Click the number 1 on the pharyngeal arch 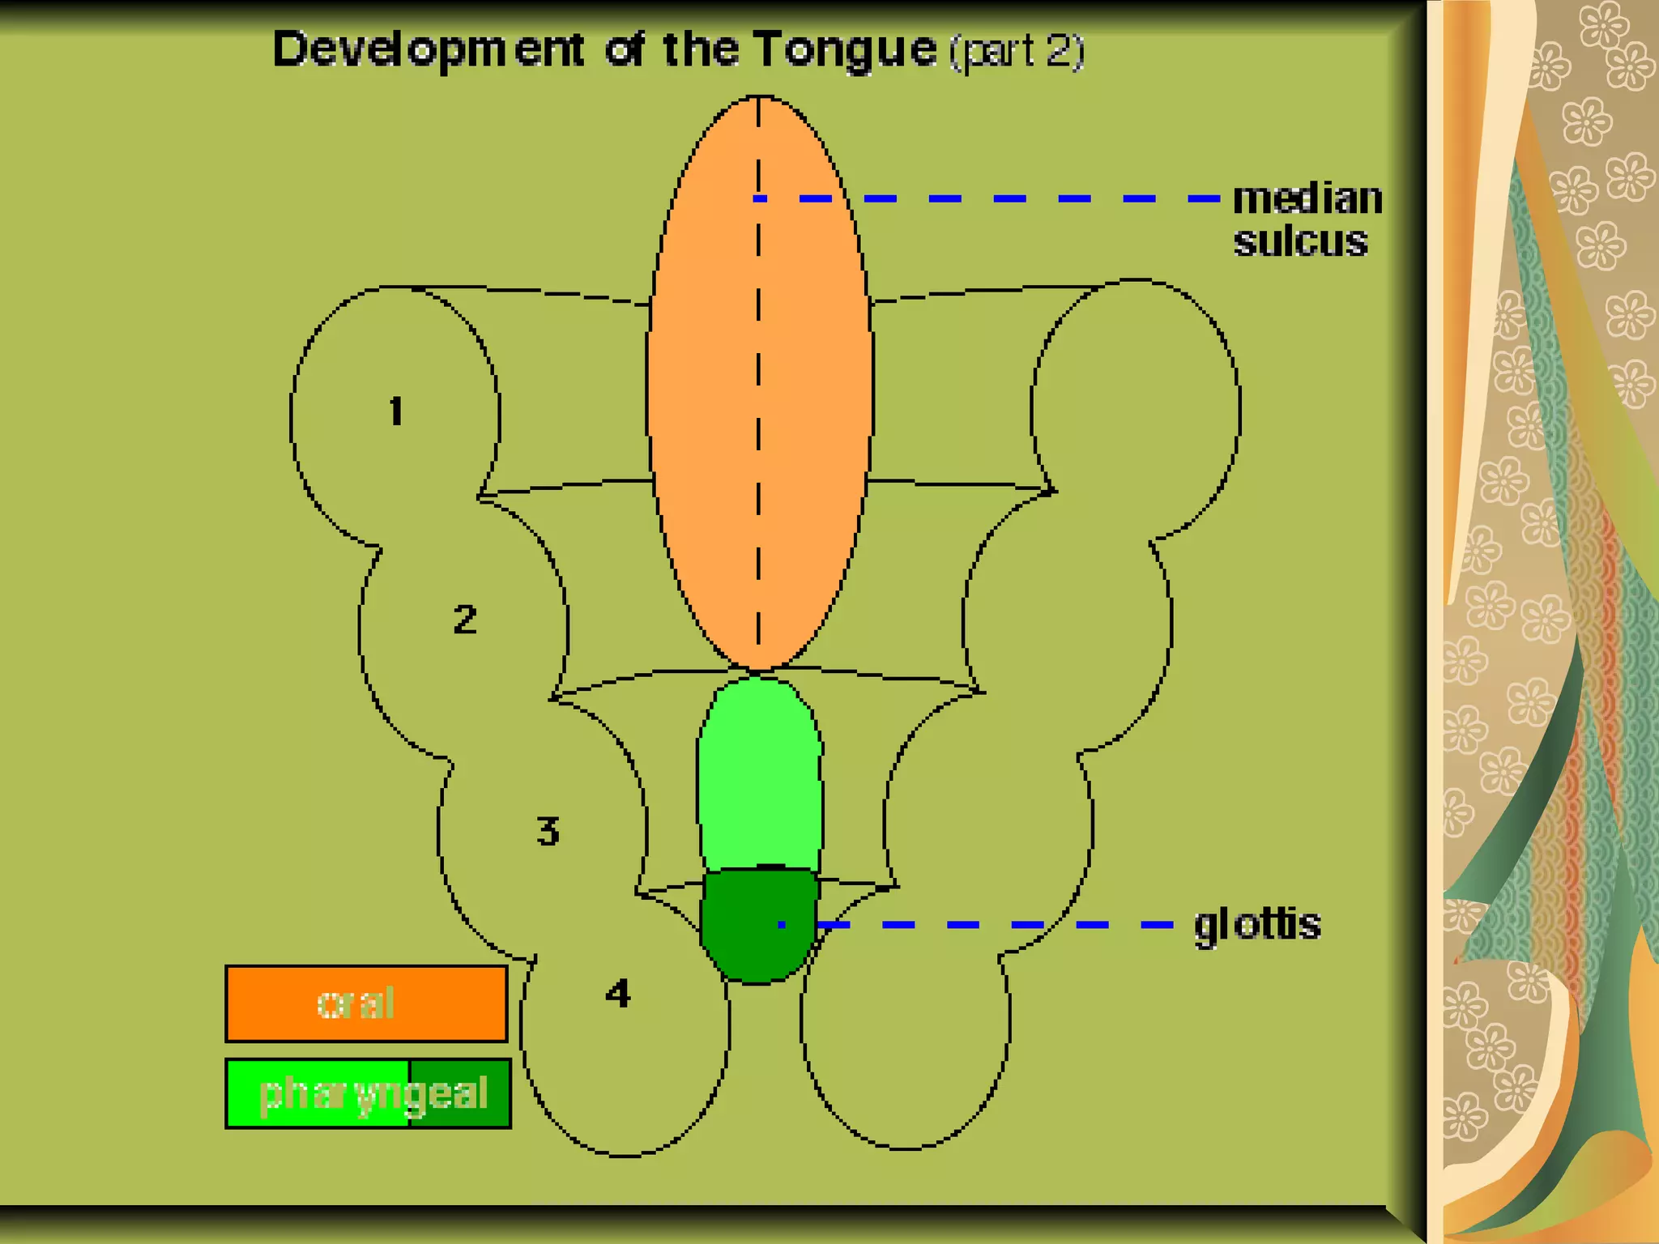click(395, 411)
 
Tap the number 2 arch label click(465, 620)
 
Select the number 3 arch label click(548, 831)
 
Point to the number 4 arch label click(618, 993)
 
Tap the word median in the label click(1307, 199)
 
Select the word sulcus click(1300, 241)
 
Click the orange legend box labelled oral click(366, 1003)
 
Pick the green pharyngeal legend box click(368, 1093)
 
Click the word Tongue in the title click(845, 49)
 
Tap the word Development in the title click(428, 50)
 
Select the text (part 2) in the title click(1017, 51)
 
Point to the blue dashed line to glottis click(996, 924)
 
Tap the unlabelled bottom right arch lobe click(906, 1053)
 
